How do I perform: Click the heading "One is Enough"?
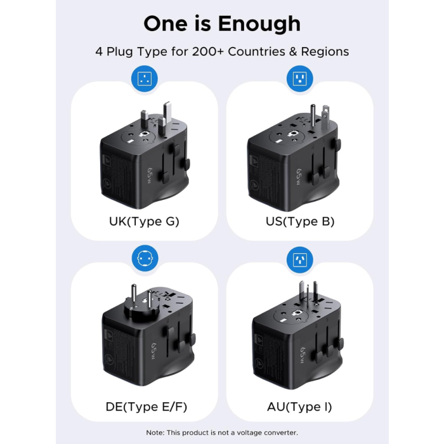[222, 23]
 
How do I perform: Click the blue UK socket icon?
[144, 79]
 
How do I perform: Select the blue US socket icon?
[299, 79]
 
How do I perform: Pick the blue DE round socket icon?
[144, 259]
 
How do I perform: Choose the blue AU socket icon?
[299, 259]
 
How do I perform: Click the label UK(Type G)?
[144, 221]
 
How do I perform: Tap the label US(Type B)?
[299, 221]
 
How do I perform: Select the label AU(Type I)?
[299, 407]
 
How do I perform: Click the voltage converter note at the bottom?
[222, 433]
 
